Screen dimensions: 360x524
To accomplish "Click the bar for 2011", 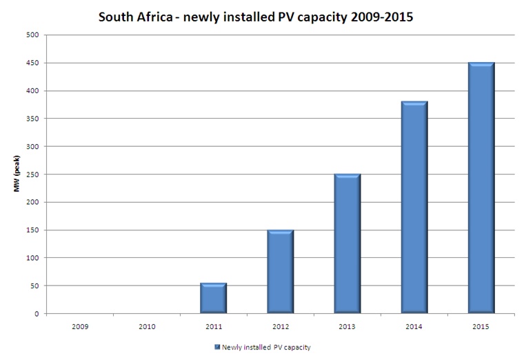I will (x=213, y=298).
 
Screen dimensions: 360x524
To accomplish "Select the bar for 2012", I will (x=280, y=271).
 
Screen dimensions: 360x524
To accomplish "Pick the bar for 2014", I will (x=414, y=207).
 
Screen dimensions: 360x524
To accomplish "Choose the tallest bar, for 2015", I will (x=481, y=188).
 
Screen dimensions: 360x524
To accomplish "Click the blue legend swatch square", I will (x=216, y=347).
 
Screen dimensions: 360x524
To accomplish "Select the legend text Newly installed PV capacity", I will (x=267, y=347).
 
